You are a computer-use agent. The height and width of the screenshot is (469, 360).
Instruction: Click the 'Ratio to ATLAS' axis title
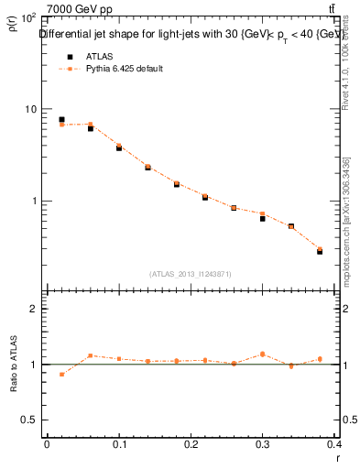click(x=14, y=364)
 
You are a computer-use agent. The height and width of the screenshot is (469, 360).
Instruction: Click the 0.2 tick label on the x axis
click(x=191, y=444)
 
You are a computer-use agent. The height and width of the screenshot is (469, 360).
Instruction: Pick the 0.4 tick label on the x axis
click(x=335, y=444)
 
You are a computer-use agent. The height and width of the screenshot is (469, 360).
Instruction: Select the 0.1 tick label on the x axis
click(x=119, y=444)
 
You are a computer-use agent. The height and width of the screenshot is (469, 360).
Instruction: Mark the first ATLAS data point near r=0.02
click(x=61, y=119)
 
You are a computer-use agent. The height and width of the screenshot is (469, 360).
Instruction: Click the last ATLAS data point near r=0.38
click(x=320, y=251)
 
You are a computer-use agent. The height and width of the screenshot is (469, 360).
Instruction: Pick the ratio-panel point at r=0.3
click(x=262, y=354)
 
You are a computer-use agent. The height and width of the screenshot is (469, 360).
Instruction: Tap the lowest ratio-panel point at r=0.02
click(x=61, y=374)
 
